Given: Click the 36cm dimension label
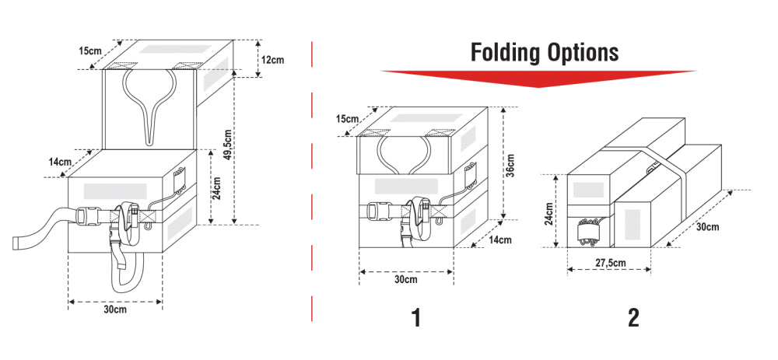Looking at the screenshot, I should pos(510,165).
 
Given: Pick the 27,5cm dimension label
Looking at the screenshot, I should pos(609,263).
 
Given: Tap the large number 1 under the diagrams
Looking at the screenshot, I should pos(417,317).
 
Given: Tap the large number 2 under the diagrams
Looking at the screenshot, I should pos(633,317).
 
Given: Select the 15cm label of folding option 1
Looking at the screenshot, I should pos(347,119).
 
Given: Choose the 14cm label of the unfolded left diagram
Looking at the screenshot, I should pos(59,162).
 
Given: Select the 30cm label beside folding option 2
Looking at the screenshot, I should pos(707,227).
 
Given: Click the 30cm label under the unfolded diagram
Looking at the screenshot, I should pos(115,309).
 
